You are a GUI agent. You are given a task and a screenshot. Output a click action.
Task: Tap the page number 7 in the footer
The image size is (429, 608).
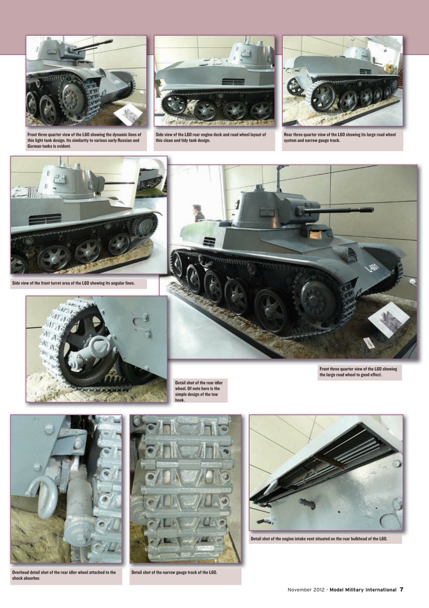tap(401, 589)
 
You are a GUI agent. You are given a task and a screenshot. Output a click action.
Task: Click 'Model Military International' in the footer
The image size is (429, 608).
tap(363, 590)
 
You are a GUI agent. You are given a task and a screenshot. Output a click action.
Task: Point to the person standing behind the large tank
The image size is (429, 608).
tap(197, 213)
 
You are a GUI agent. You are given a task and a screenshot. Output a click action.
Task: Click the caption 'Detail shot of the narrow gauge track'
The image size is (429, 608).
tap(174, 572)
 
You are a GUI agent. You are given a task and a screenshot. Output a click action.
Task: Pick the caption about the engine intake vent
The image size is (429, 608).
tap(319, 539)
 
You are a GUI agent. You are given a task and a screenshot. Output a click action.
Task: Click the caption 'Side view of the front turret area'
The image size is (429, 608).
tap(74, 283)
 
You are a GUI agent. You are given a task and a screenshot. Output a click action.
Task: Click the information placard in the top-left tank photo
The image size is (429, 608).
tap(128, 114)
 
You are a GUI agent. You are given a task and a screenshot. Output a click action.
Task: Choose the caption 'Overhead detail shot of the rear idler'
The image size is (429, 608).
tap(64, 575)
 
